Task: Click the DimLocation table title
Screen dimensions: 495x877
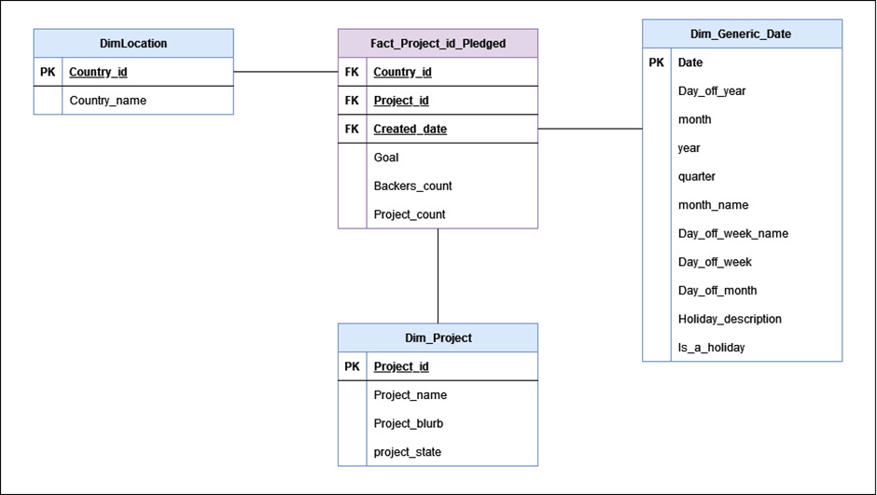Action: pos(133,43)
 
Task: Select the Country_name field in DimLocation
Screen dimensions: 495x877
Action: pos(107,101)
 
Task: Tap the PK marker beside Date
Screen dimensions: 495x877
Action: pos(657,62)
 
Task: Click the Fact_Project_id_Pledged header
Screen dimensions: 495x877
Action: pos(438,43)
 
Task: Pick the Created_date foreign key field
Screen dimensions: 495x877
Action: pos(410,129)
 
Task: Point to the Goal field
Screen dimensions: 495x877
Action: pos(386,158)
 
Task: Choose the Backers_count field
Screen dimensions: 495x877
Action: pos(412,186)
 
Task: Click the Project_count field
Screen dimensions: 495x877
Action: pos(410,214)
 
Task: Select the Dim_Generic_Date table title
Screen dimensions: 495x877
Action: pos(741,34)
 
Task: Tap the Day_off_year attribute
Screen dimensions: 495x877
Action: pos(711,91)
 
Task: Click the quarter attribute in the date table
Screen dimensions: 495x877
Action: pos(697,176)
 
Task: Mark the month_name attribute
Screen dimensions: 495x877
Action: pos(713,205)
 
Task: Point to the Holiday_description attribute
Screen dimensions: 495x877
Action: pos(730,319)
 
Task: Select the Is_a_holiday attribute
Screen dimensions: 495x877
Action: pos(711,348)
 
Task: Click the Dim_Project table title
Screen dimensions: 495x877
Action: pos(438,337)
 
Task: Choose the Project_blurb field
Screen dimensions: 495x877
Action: pos(408,423)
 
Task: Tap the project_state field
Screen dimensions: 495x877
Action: pos(407,452)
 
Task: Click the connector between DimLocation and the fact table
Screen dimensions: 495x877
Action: pos(285,72)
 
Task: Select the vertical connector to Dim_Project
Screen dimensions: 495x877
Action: pos(438,275)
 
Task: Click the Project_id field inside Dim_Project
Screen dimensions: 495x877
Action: pos(401,366)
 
